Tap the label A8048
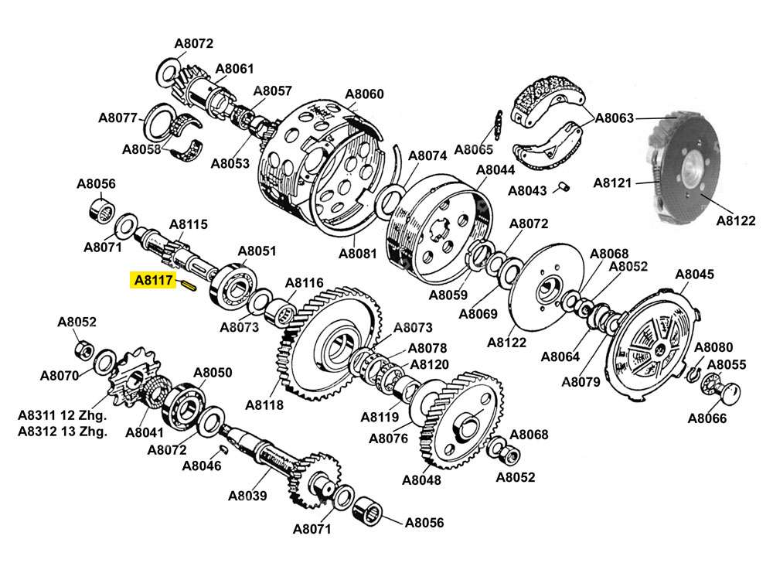[421, 479]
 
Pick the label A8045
[694, 274]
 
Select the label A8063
[615, 118]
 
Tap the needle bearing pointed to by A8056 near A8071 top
[102, 210]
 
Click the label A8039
[247, 496]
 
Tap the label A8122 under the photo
[735, 220]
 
